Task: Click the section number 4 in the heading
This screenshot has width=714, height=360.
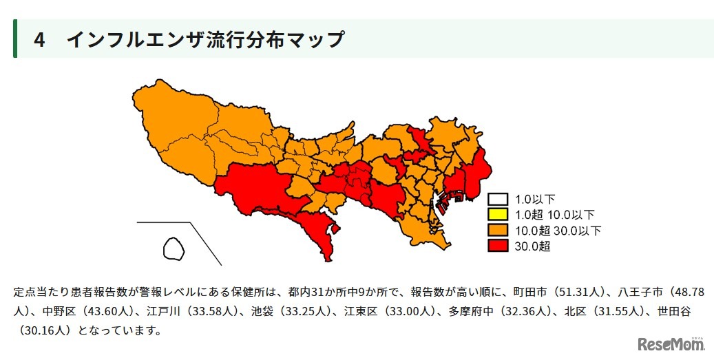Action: click(39, 40)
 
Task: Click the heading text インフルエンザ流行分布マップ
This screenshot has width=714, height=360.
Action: click(205, 40)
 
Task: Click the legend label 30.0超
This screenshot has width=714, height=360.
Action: click(532, 245)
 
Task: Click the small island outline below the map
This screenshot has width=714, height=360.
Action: click(174, 248)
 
